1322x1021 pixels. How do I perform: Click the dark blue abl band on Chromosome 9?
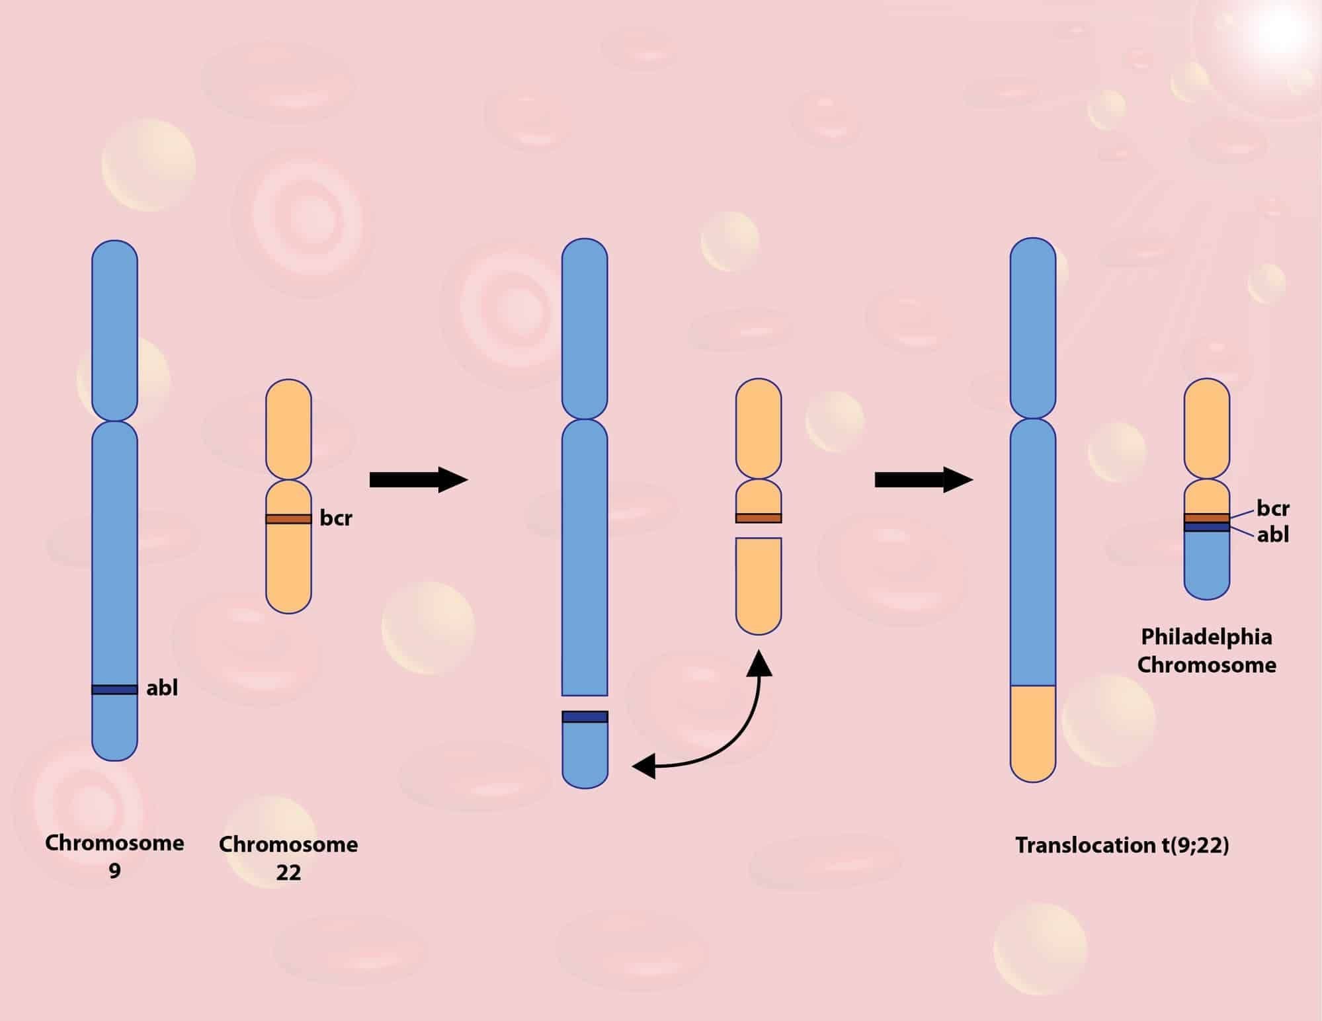tap(114, 690)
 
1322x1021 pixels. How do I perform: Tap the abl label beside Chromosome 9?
tap(162, 688)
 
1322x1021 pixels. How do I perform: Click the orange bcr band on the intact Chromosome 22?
tap(288, 519)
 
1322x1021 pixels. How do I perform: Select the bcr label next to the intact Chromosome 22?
tap(336, 518)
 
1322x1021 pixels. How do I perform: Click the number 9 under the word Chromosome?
tap(114, 872)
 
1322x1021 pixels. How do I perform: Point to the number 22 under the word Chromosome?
tap(288, 873)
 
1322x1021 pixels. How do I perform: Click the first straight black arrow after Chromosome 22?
tap(418, 479)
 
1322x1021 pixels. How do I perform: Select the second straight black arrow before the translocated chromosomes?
tap(923, 479)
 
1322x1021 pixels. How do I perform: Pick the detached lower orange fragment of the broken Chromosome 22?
tap(759, 585)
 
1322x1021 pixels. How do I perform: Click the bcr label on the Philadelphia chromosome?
tap(1273, 509)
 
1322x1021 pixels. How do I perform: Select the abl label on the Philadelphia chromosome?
tap(1273, 534)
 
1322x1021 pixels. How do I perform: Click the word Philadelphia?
tap(1206, 637)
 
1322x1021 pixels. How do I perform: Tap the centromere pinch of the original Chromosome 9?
tap(114, 421)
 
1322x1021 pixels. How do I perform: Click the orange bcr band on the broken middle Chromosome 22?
tap(759, 518)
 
